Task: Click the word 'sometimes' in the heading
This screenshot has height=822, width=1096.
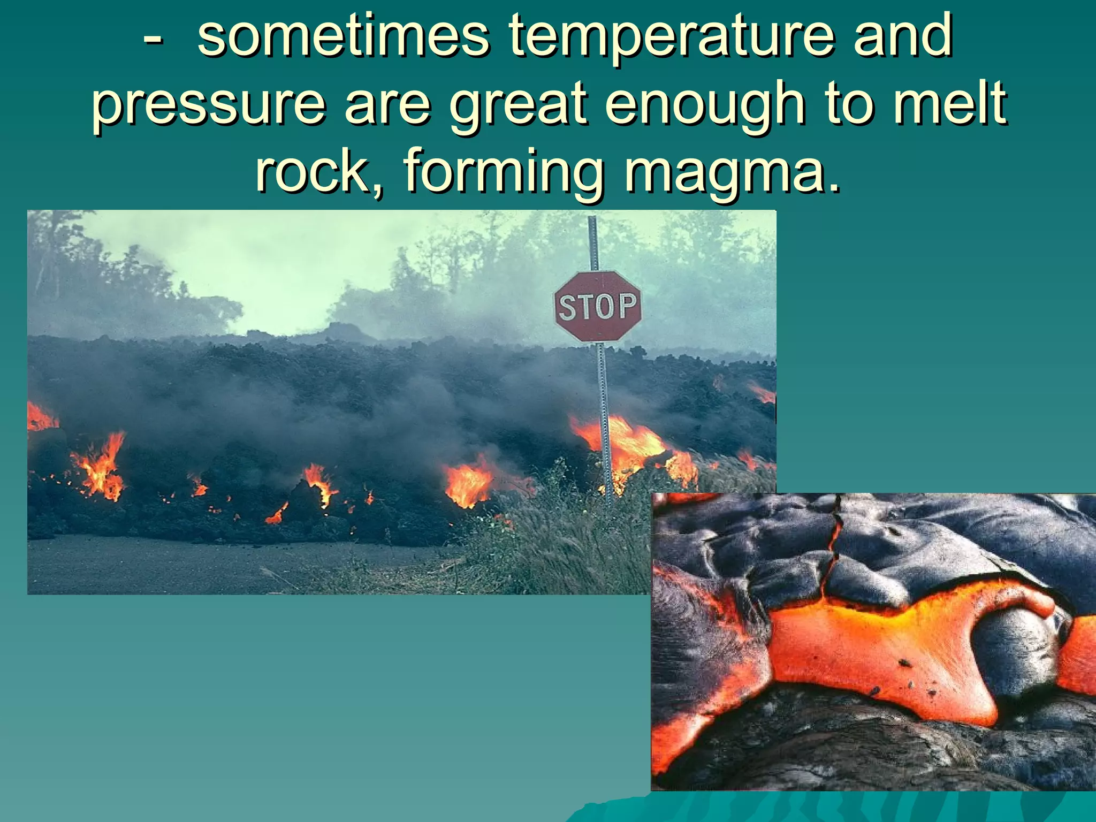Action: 343,36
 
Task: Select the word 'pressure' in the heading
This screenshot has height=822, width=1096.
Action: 208,104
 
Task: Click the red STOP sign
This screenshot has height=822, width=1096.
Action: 597,306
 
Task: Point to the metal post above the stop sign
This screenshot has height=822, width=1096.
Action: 592,243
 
